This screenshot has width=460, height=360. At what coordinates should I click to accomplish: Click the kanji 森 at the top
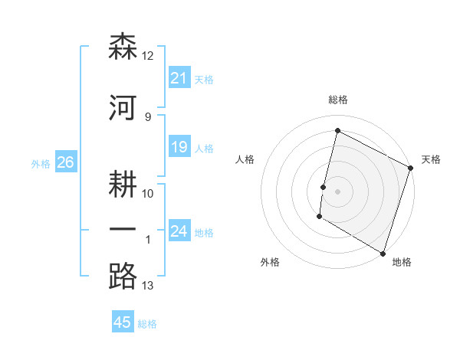(x=123, y=46)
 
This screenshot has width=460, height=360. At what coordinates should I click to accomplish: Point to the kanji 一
(x=123, y=231)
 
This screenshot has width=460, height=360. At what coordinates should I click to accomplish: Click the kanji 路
(x=123, y=276)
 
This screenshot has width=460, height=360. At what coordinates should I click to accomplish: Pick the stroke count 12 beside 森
(x=148, y=56)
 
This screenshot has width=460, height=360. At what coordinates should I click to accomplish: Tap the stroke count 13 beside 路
(x=148, y=286)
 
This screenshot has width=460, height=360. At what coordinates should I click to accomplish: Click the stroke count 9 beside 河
(x=148, y=116)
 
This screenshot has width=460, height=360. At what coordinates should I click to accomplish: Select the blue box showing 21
(x=179, y=78)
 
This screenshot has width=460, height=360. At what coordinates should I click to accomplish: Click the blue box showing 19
(x=179, y=148)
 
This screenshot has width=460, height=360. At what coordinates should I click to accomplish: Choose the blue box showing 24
(x=179, y=231)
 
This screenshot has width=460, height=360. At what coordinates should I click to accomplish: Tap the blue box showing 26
(x=65, y=162)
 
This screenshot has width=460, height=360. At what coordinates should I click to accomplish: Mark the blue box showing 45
(x=123, y=322)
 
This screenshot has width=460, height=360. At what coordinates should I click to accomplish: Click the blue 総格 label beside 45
(x=147, y=324)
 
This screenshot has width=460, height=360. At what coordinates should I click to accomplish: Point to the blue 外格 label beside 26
(x=41, y=163)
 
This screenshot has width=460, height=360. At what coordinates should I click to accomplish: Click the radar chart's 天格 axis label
(x=431, y=159)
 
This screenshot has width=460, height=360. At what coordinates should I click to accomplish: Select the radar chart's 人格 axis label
(x=245, y=159)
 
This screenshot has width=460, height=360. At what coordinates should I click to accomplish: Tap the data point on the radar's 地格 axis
(x=382, y=253)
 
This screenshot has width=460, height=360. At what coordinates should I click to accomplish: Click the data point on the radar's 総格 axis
(x=337, y=131)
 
